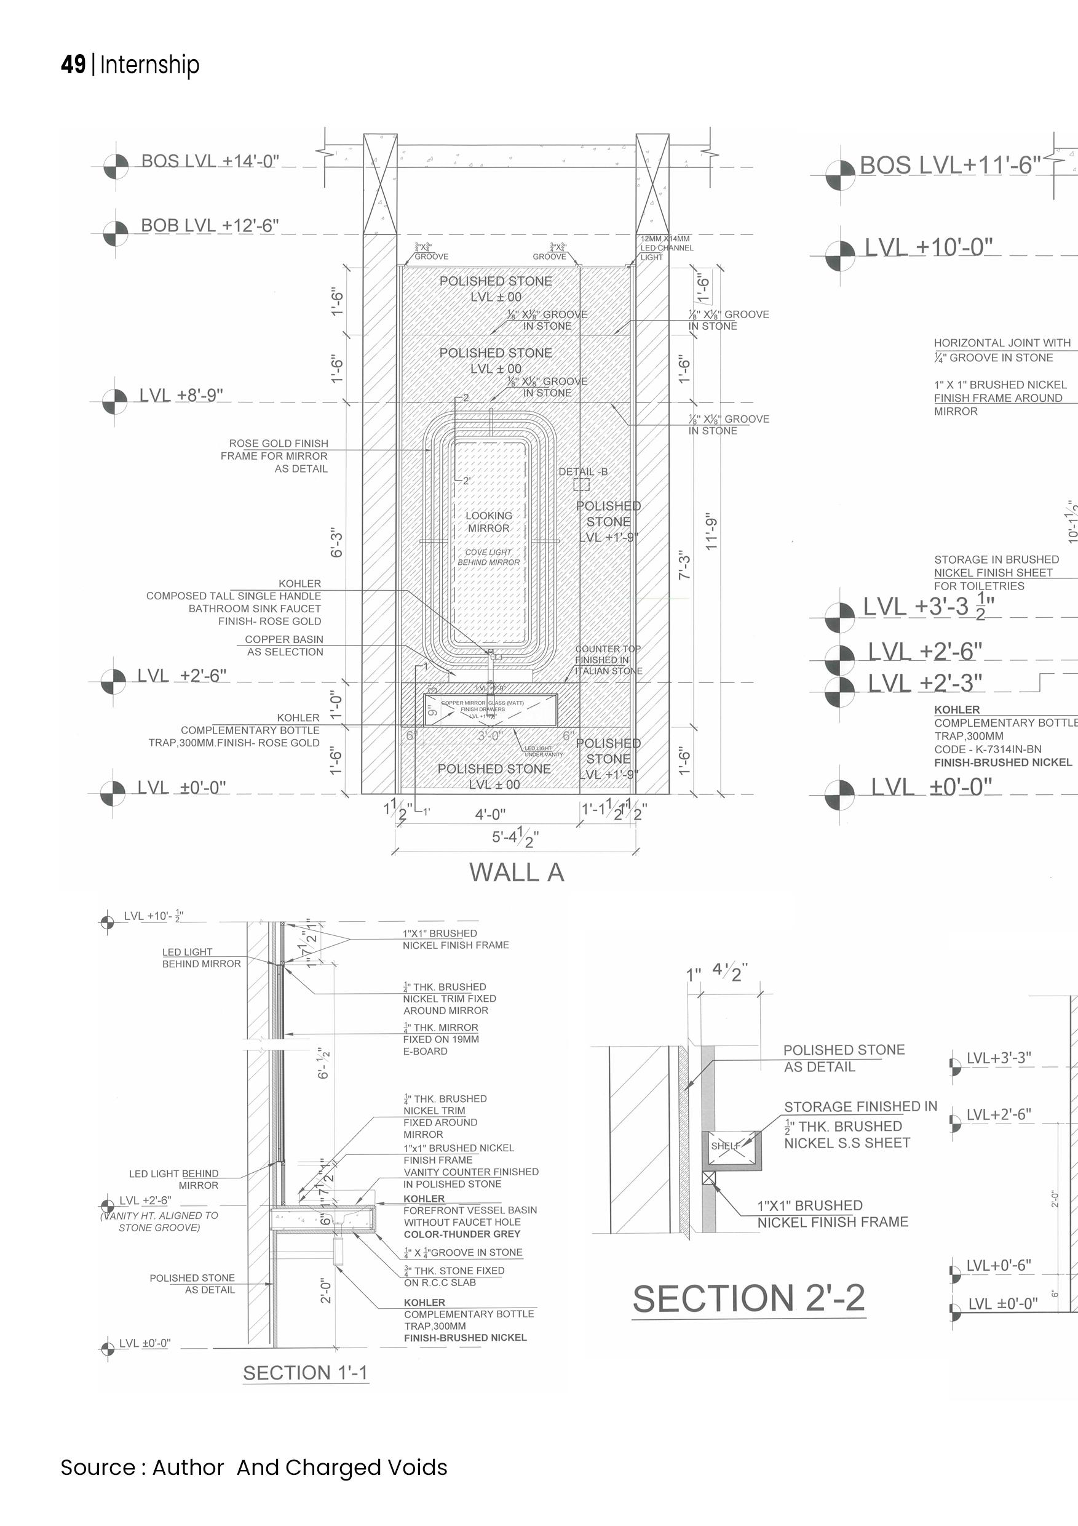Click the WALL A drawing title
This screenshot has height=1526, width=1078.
tap(516, 873)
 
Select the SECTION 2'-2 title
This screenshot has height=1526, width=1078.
tap(748, 1298)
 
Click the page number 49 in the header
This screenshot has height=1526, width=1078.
tap(73, 65)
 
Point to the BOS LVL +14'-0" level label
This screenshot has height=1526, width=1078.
tap(210, 161)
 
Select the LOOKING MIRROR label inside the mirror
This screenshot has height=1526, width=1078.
tap(488, 522)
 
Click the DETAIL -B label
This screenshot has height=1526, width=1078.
tap(582, 472)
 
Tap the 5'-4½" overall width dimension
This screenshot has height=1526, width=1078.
tap(515, 837)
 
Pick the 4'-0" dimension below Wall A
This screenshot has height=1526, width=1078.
tap(490, 814)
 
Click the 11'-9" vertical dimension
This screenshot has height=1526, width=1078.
tap(711, 532)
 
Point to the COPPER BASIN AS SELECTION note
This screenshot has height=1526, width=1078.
tap(284, 645)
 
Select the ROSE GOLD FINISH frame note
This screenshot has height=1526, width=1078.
tap(275, 456)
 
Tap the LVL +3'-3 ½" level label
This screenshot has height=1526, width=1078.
tap(929, 607)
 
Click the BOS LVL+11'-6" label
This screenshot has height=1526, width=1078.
tap(950, 166)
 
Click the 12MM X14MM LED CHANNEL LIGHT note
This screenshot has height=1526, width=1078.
tap(666, 248)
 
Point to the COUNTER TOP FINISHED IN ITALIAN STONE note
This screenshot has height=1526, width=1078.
tap(608, 660)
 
